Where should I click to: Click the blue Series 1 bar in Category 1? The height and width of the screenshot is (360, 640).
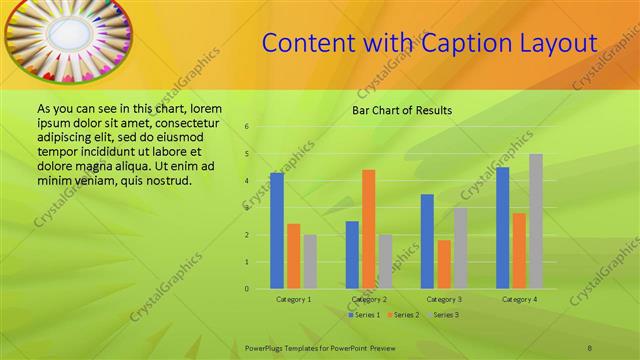point(277,231)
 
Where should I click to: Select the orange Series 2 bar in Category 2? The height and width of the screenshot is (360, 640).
point(368,229)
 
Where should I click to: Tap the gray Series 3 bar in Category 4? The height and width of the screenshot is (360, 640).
point(536,221)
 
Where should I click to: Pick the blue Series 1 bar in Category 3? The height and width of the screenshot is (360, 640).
point(427,241)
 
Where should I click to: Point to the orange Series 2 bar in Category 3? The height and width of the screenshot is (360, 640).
point(444,264)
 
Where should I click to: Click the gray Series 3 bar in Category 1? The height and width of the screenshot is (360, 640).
point(310,262)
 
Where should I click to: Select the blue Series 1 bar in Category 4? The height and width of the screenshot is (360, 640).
point(502,228)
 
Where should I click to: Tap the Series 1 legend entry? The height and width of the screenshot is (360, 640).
point(363,315)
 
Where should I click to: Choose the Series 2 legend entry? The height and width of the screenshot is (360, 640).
point(402,315)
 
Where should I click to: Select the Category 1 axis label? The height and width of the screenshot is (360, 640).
point(293,299)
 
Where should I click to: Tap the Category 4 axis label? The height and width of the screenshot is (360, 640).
point(519,299)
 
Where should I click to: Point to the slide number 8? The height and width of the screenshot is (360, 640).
point(590,346)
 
